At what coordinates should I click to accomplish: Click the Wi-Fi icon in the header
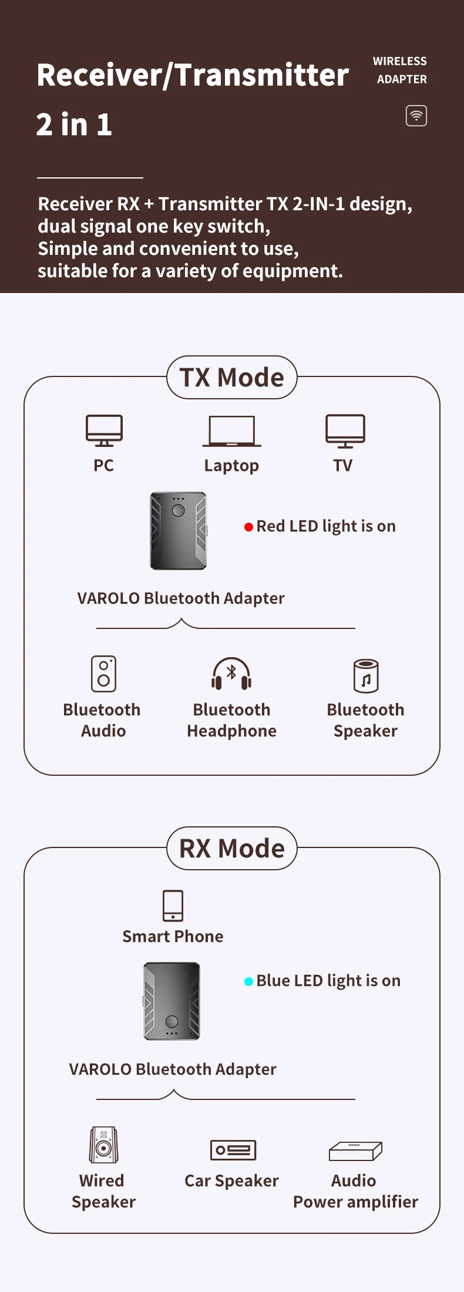coord(416,116)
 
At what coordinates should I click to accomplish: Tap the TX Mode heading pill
coord(232,378)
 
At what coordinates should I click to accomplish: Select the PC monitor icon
coord(104,430)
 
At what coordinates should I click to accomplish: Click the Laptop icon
coord(231,431)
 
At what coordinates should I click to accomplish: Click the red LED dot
coord(248,527)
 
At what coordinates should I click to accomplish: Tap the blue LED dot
coord(248,981)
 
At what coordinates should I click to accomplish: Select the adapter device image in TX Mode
coord(179,531)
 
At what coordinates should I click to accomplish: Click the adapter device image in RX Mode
coord(172,1001)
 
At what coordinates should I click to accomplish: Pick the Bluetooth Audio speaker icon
coord(103,674)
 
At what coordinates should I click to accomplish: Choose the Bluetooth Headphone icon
coord(231,674)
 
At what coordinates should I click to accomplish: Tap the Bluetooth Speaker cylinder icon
coord(366,676)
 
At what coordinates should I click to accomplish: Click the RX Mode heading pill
coord(232,849)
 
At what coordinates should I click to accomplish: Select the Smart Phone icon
coord(173,906)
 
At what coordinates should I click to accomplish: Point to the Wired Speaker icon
coord(103,1145)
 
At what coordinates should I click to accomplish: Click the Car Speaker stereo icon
coord(233,1149)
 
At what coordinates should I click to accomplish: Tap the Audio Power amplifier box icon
coord(355,1151)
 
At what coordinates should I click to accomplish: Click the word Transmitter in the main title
coord(262,75)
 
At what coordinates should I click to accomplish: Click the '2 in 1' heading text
coord(74,125)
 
